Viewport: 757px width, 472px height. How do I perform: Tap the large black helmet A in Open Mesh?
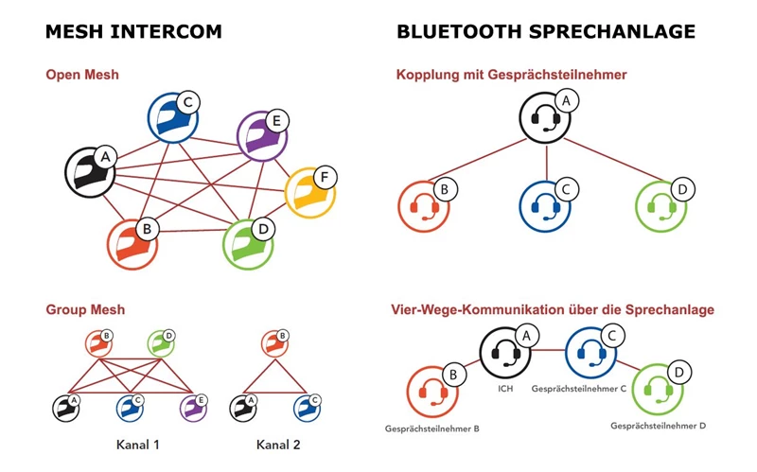[x=88, y=172]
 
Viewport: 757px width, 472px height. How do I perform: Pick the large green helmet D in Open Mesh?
[x=248, y=244]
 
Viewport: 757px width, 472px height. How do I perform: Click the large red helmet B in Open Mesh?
[x=132, y=245]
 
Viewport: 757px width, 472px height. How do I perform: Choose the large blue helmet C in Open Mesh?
[x=173, y=117]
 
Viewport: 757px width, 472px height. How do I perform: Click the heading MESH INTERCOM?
[x=133, y=32]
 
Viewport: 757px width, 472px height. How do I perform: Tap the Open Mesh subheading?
[x=82, y=75]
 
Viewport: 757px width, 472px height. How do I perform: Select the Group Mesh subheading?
[x=85, y=309]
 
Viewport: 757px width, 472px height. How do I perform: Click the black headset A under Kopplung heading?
[x=545, y=118]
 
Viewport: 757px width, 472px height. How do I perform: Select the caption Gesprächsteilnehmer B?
[x=431, y=428]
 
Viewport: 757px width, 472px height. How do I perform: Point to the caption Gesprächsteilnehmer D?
[x=659, y=426]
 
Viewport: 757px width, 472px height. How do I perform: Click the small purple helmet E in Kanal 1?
[x=193, y=409]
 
